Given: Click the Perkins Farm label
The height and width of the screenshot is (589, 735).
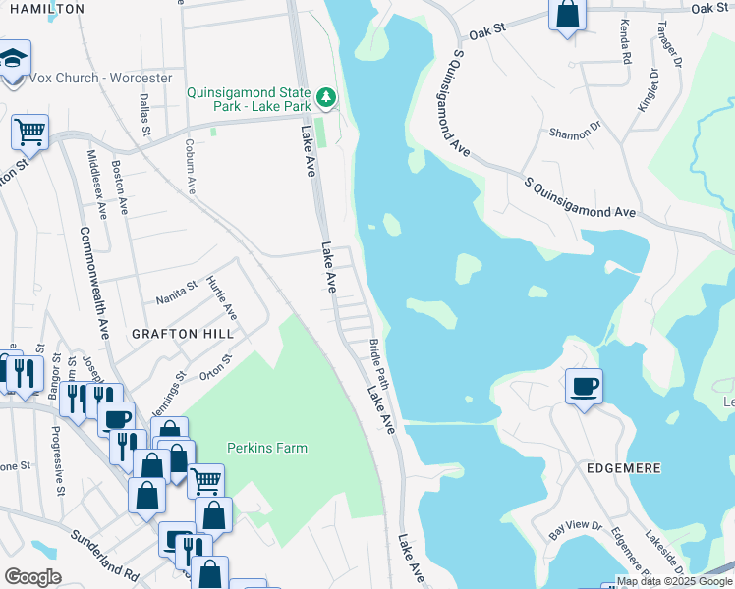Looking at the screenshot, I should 267,448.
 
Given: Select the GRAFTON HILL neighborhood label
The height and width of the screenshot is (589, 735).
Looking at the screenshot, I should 184,334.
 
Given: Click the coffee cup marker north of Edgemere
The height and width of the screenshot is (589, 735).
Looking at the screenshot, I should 584,387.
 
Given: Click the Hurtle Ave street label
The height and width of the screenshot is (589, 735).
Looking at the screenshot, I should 221,297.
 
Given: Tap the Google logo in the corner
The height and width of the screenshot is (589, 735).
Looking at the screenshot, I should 32,577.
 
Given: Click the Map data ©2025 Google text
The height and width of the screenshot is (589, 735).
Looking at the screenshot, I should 674,581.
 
